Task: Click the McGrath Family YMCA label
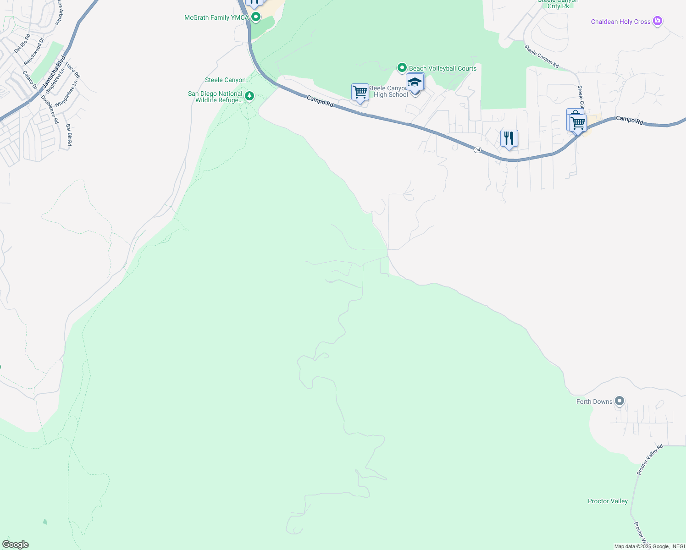coord(216,18)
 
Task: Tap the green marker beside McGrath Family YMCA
coord(256,17)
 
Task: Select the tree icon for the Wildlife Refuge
coord(249,96)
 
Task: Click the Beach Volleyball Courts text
coord(443,69)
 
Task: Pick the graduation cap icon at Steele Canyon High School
coord(415,83)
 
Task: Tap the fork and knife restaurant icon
coord(509,138)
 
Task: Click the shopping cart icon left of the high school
coord(360,92)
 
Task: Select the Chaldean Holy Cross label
coord(620,22)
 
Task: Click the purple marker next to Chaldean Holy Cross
coord(658,21)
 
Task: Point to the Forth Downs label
coord(594,402)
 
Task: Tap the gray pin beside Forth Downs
coord(620,401)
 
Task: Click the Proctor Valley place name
coord(608,501)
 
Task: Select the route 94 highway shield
coord(477,150)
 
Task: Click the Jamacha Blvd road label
coord(54,72)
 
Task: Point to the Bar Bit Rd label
coord(69,135)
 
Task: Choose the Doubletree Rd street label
coord(50,109)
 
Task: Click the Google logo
coord(16,544)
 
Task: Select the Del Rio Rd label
coord(22,44)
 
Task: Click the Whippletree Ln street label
coord(66,94)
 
